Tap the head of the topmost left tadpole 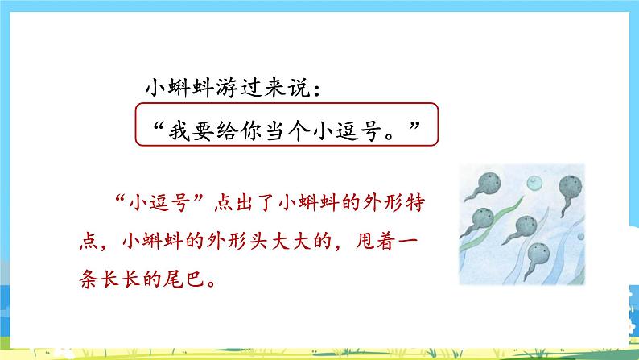[489, 183]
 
